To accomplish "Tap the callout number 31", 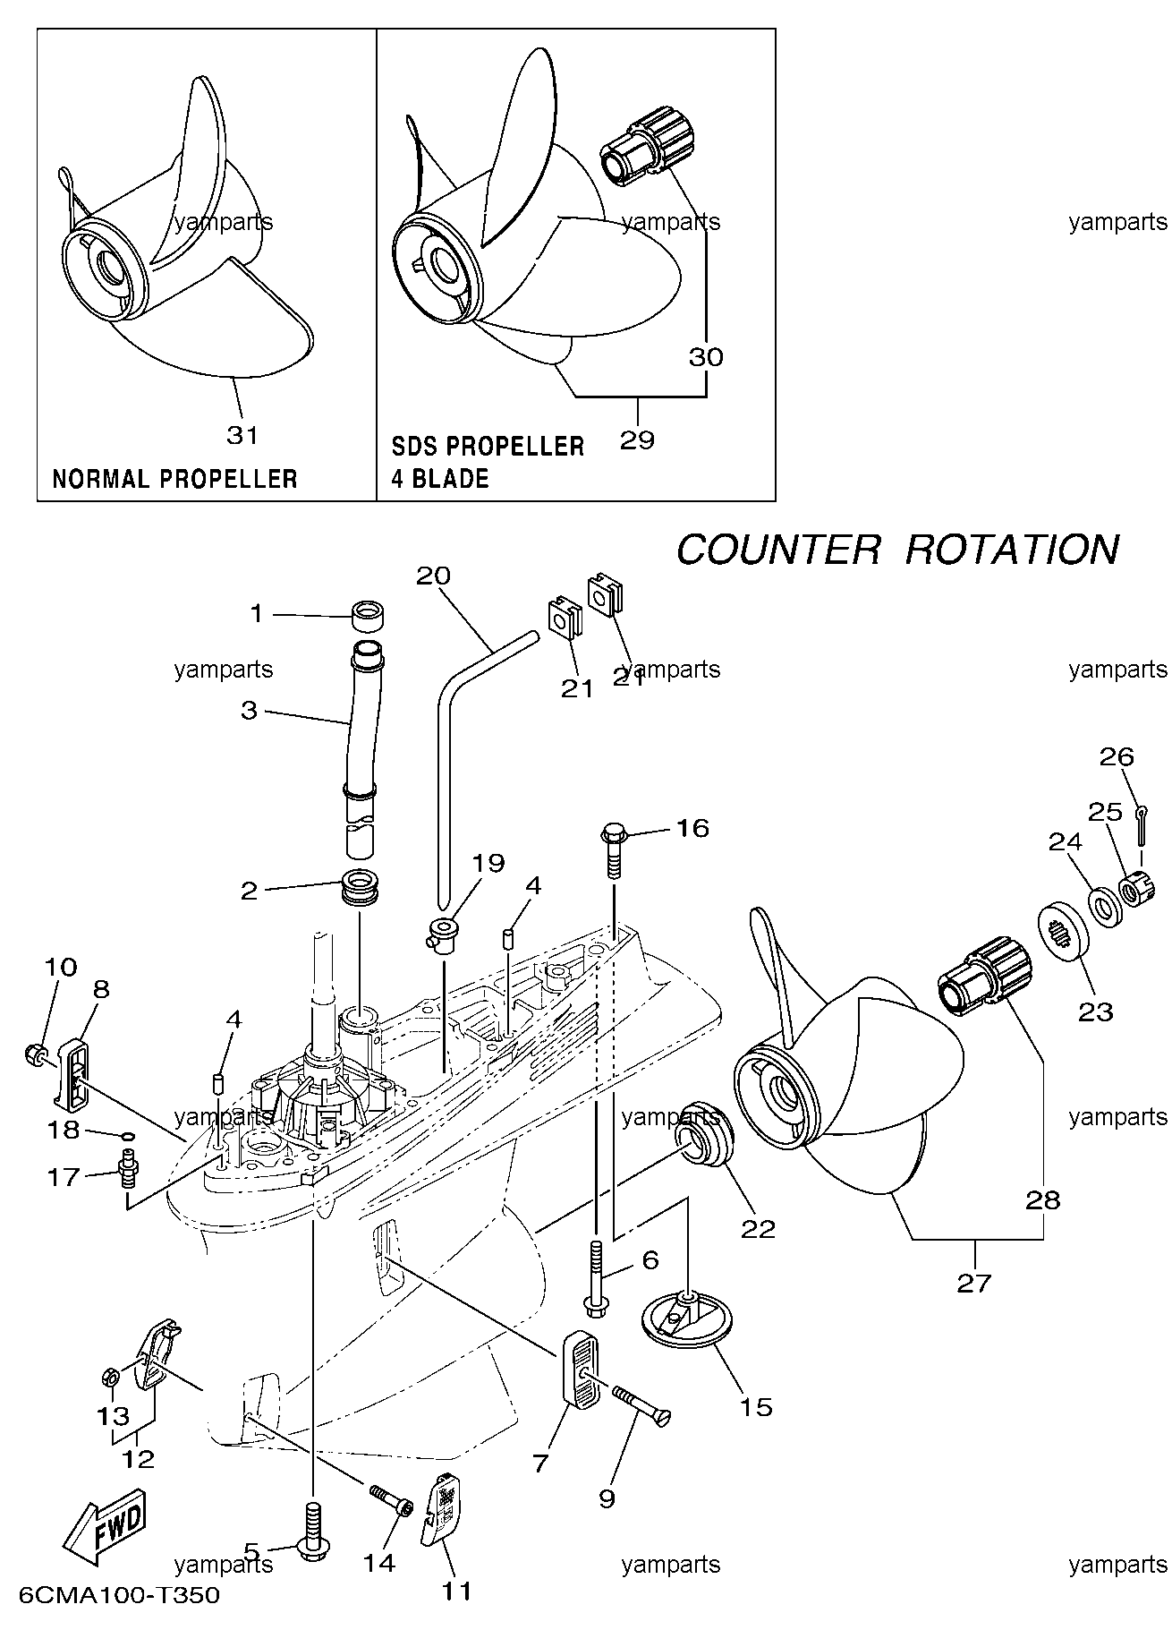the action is (x=242, y=435).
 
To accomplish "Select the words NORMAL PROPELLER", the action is (x=174, y=479).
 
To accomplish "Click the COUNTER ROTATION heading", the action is (x=896, y=549).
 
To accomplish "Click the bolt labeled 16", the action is (x=614, y=849).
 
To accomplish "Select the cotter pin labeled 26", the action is (x=1142, y=824).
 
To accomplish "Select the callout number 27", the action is (x=974, y=1284).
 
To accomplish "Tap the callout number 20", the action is (x=434, y=576).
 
